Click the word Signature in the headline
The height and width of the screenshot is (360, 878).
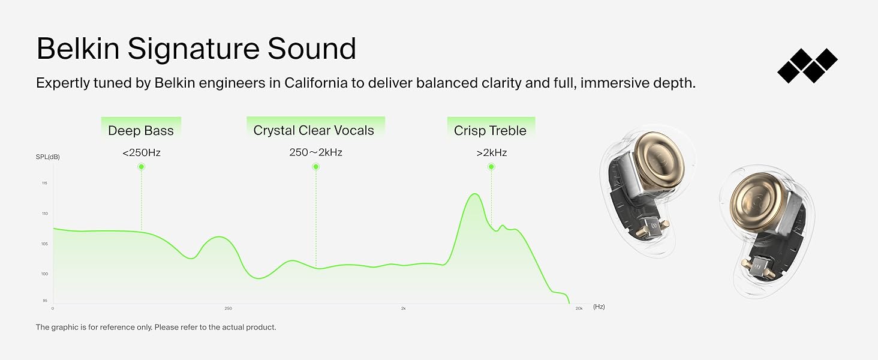point(193,49)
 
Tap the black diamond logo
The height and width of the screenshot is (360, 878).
point(807,65)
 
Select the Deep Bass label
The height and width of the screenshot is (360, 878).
point(141,131)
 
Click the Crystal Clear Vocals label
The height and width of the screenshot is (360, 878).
point(314,130)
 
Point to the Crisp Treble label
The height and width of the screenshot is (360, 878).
point(490,131)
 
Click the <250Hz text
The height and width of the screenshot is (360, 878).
point(142,152)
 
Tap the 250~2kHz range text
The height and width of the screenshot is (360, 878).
point(315,152)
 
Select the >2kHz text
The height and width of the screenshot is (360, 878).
point(492,152)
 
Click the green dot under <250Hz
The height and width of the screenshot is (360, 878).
point(142,167)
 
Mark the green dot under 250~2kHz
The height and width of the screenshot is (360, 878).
point(316,167)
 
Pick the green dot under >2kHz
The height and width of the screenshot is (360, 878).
point(491,167)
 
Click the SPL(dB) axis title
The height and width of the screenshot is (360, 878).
point(48,157)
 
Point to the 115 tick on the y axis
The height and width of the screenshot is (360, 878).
point(45,183)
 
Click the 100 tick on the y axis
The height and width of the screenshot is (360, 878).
point(45,274)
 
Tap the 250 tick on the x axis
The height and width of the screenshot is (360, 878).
point(228,308)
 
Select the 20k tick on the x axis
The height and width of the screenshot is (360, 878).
point(579,308)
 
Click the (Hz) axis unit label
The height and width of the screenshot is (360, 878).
point(599,307)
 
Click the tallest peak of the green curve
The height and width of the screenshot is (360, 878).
point(475,194)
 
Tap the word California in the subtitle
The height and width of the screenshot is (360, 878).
point(316,83)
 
